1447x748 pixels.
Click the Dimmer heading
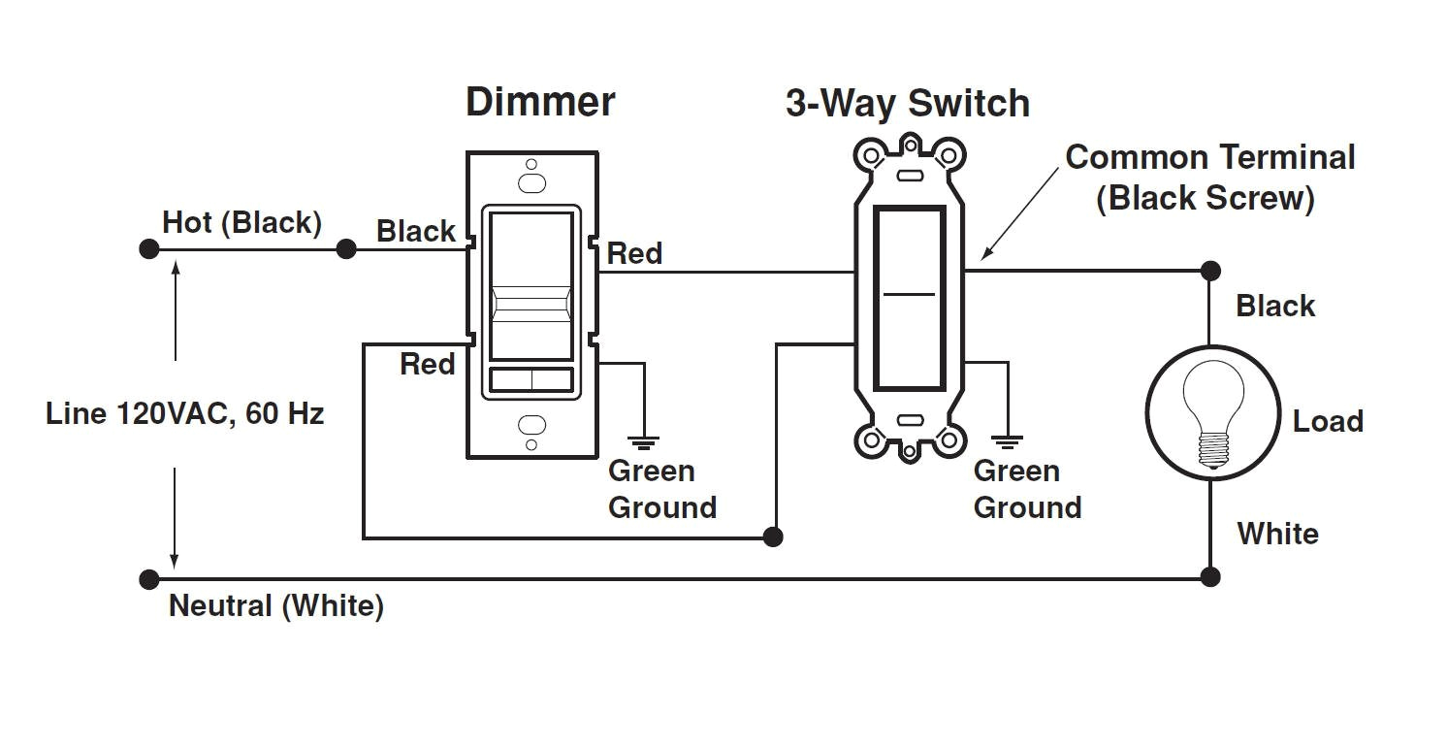pos(540,102)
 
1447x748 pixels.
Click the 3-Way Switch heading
pos(907,104)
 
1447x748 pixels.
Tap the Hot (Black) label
pos(241,222)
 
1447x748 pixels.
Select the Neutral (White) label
pos(276,606)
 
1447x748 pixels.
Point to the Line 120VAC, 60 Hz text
pos(184,414)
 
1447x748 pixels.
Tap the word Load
pos(1328,421)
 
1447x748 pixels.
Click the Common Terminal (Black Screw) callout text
pos(1209,178)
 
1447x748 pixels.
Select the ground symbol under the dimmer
pos(643,442)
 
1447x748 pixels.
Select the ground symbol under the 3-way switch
pos(1009,442)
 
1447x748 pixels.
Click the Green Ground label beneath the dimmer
pos(661,489)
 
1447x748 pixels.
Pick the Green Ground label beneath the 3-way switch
pos(1027,489)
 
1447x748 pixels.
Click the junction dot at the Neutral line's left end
pos(148,580)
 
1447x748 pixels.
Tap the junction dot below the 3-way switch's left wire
pos(773,537)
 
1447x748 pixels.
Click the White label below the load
pos(1277,534)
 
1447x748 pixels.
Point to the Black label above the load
pos(1275,306)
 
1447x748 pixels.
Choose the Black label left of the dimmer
pos(416,232)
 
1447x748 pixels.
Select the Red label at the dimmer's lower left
pos(428,365)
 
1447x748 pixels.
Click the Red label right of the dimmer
pos(634,254)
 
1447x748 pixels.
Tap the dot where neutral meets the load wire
pos(1209,577)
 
